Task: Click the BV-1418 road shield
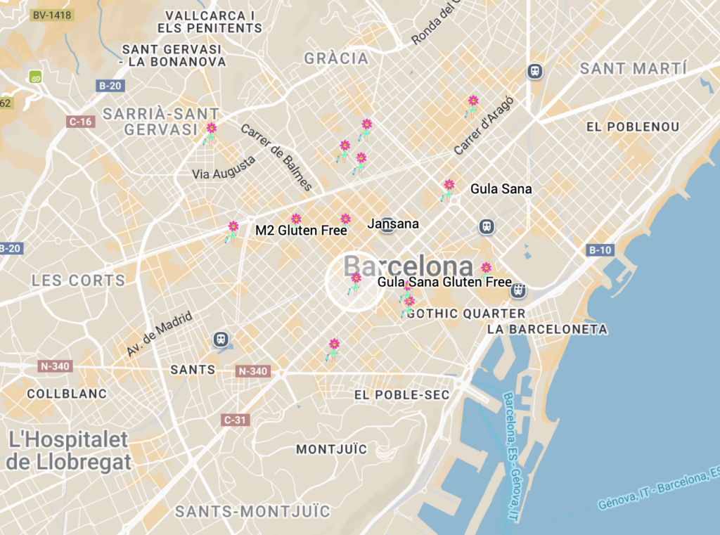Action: click(x=51, y=15)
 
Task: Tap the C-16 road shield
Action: click(x=82, y=122)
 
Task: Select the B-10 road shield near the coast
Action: click(x=600, y=250)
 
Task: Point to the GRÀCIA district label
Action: click(x=336, y=58)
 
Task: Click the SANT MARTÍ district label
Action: click(x=633, y=69)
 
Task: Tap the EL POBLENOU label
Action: click(x=633, y=127)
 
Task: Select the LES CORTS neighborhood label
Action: click(x=78, y=281)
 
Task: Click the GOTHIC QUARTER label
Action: click(x=466, y=314)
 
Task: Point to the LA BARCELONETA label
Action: click(x=547, y=329)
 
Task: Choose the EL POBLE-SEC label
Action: click(x=401, y=395)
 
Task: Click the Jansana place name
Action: click(x=393, y=224)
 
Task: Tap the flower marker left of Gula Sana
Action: click(x=448, y=188)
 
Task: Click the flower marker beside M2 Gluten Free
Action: click(x=296, y=219)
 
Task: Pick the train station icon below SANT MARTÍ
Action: click(x=535, y=71)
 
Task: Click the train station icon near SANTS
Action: click(x=221, y=340)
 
